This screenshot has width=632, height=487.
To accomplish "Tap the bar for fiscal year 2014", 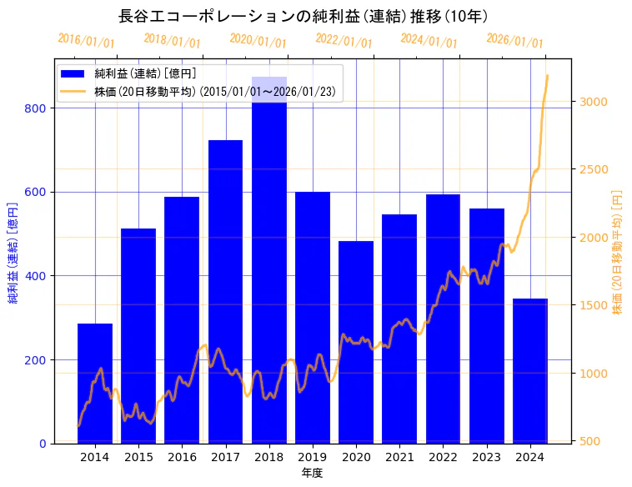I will pos(95,383).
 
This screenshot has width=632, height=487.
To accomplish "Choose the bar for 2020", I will pos(356,342).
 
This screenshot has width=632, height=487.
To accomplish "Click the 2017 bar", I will pos(225,292).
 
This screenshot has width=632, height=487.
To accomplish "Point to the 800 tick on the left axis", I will pos(39,108).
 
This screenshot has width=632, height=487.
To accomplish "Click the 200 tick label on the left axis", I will pos(39,359).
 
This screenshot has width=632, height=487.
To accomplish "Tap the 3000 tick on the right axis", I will pos(593,102).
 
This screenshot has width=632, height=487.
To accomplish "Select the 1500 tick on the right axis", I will pos(593,305).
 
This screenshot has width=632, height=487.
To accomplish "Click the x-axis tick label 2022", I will pos(443,457).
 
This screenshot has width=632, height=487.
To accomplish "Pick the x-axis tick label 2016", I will pos(182,457).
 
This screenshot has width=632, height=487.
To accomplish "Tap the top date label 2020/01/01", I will pos(258,40).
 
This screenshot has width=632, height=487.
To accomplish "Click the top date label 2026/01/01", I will pos(514,40).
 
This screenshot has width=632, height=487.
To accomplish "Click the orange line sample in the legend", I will pos(73,92).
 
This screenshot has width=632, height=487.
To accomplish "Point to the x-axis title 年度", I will pos(313,473).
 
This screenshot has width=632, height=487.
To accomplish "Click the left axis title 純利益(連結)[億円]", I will pos(13,251).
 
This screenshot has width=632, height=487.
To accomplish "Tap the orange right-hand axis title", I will pos(618,251).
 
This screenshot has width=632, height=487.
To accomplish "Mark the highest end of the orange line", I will pos(547,76).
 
